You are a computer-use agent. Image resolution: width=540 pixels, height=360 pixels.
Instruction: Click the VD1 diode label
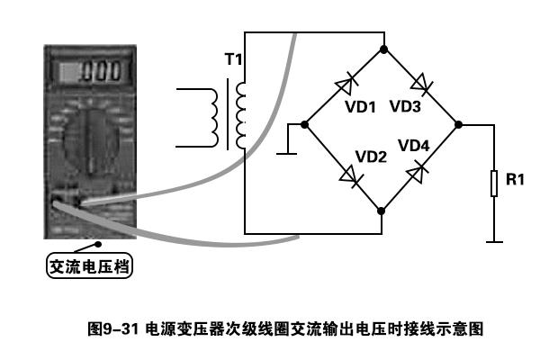[360, 107]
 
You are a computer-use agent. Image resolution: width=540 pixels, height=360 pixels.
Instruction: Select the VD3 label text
[405, 106]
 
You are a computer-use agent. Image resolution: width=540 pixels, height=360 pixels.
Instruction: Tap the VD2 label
[371, 157]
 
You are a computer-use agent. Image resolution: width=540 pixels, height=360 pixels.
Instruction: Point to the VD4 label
[414, 146]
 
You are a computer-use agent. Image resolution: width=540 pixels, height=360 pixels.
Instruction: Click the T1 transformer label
[233, 58]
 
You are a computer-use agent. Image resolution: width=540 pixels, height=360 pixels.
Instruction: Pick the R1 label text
[515, 179]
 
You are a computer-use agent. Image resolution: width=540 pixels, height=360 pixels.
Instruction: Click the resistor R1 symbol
[494, 184]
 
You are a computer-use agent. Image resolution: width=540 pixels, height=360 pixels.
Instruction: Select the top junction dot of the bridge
[383, 49]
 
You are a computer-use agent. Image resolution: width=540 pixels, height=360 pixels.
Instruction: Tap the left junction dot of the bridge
[304, 124]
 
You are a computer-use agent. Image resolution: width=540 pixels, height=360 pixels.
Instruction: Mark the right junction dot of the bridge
[458, 124]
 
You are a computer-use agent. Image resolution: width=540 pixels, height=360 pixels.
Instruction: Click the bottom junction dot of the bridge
[381, 211]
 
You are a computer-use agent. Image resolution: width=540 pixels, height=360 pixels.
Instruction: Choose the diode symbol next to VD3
[422, 84]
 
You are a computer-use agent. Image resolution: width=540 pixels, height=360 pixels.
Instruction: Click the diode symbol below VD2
[352, 176]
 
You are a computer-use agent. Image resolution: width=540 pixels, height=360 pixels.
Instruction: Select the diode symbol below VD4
[417, 172]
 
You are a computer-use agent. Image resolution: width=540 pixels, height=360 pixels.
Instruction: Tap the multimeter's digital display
[90, 72]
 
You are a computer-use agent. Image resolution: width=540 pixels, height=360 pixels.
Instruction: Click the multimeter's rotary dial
[91, 139]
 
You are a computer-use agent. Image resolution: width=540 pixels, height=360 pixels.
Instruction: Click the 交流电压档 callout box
[89, 265]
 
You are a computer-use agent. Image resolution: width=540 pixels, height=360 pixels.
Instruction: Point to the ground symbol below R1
[494, 242]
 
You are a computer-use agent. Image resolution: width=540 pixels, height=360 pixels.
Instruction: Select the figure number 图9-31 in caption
[113, 328]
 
